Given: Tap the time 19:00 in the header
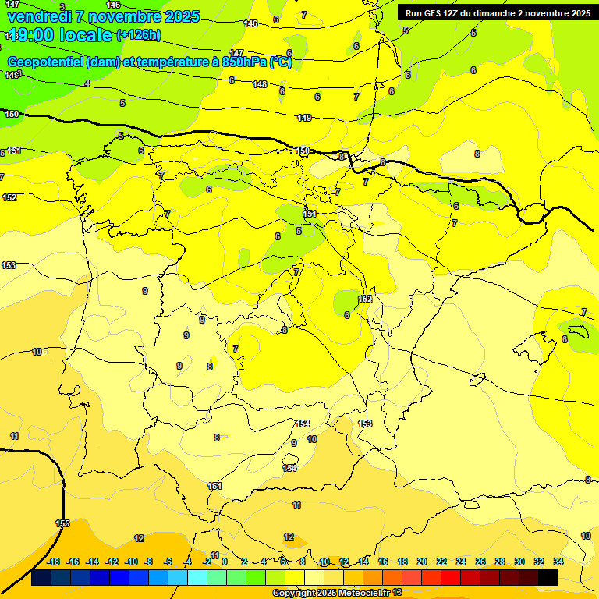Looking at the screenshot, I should pyautogui.click(x=30, y=35).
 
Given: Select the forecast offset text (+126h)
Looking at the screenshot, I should pyautogui.click(x=138, y=35).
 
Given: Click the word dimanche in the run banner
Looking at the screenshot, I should pyautogui.click(x=502, y=13).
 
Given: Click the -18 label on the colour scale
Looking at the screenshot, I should pyautogui.click(x=54, y=562).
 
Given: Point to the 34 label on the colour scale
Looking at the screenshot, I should pyautogui.click(x=558, y=562).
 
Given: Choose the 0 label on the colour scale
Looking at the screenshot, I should pyautogui.click(x=225, y=562).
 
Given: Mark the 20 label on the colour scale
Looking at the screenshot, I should pyautogui.click(x=422, y=562).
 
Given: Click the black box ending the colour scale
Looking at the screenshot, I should pyautogui.click(x=548, y=578).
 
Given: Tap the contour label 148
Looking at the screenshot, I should pyautogui.click(x=261, y=84).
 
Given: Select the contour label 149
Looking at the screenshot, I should pyautogui.click(x=304, y=118).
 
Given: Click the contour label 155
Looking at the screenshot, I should pyautogui.click(x=63, y=523).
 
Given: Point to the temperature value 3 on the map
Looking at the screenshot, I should pyautogui.click(x=62, y=7).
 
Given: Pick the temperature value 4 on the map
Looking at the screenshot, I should pyautogui.click(x=87, y=83).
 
